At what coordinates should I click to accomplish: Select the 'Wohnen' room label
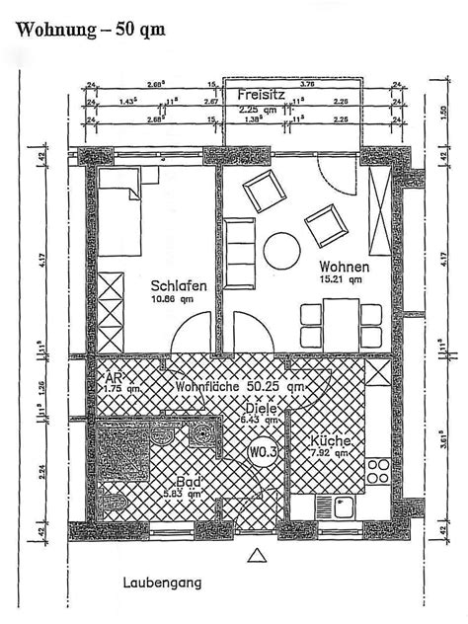pos(345,268)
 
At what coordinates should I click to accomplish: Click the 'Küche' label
pos(330,442)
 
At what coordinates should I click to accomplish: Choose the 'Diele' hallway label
pos(260,405)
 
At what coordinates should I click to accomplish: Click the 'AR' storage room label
pos(112,376)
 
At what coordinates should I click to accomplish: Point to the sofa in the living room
pos(237,242)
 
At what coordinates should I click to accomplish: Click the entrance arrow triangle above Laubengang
pos(259,558)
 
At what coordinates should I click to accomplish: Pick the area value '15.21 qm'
pos(339,280)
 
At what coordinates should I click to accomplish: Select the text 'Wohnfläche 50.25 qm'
pos(237,388)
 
